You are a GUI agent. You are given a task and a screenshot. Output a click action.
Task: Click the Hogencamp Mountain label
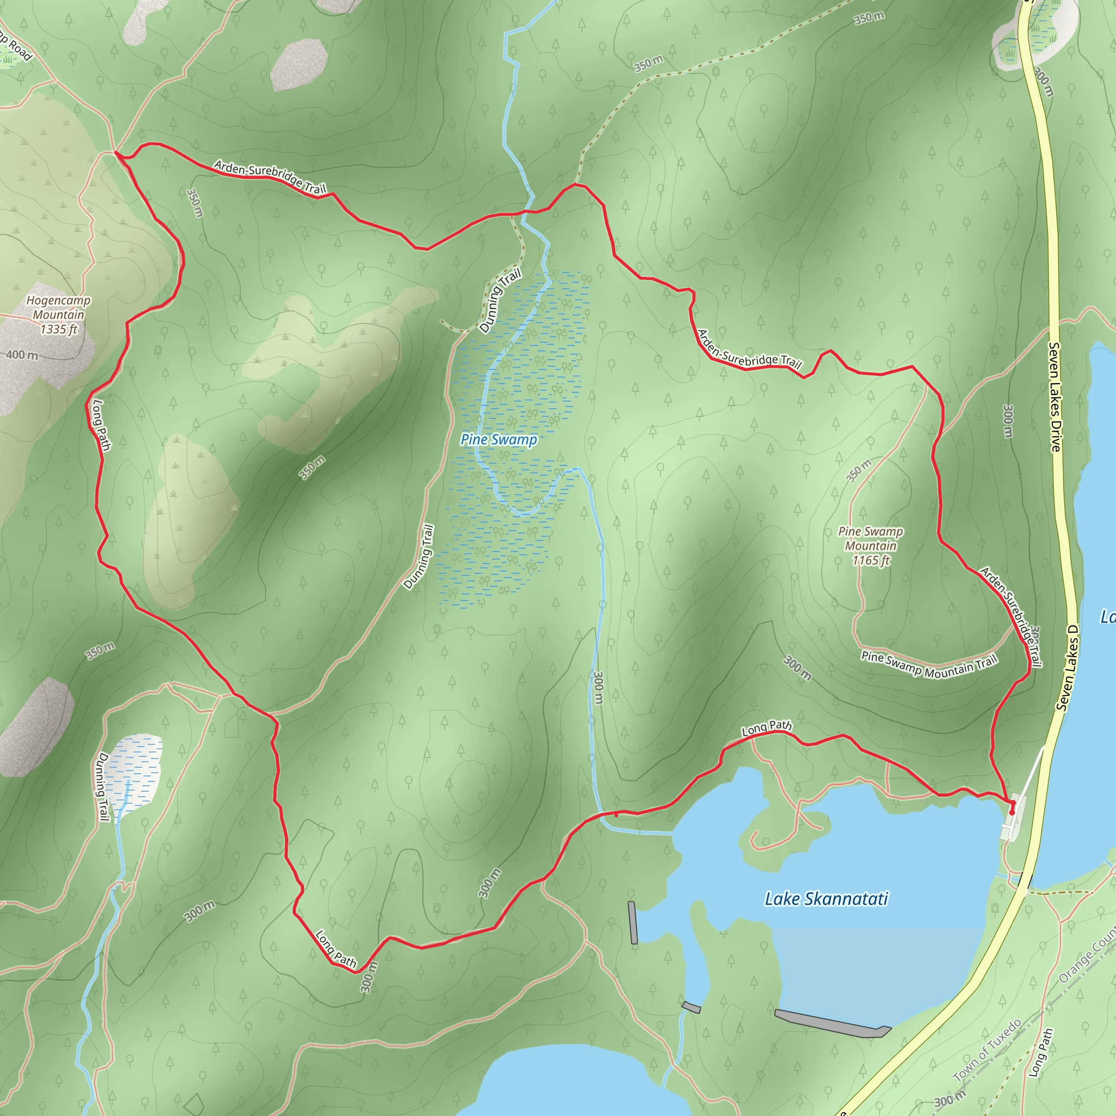(58, 315)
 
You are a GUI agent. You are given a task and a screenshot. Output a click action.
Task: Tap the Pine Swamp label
(499, 440)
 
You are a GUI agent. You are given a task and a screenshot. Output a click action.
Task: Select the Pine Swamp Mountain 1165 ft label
(870, 545)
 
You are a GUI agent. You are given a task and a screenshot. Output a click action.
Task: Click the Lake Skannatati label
(826, 899)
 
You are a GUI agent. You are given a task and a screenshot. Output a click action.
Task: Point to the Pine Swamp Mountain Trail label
(929, 664)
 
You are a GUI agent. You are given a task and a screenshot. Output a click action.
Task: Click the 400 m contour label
(22, 355)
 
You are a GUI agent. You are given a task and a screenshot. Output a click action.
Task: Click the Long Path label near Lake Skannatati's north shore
(767, 729)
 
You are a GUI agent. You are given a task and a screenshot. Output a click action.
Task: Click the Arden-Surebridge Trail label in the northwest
(270, 176)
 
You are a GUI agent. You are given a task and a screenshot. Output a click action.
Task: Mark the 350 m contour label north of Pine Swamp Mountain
(858, 471)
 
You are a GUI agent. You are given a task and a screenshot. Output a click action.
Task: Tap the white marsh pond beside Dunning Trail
(135, 772)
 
